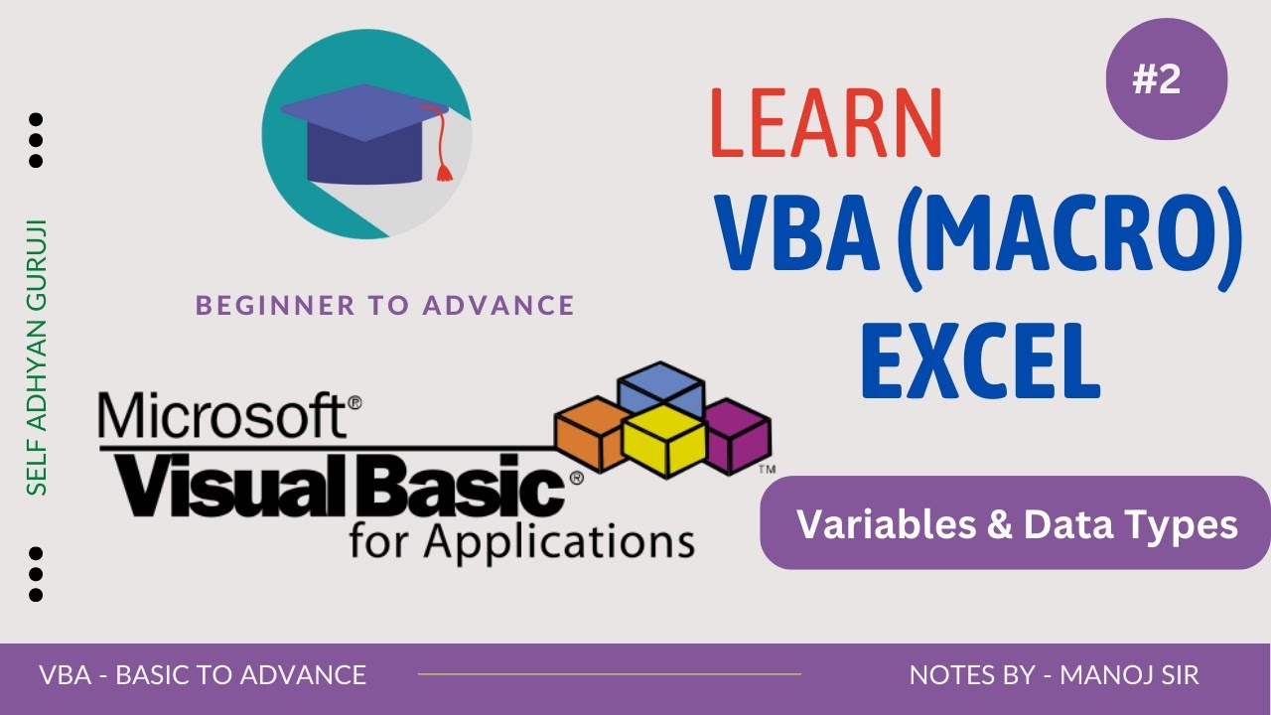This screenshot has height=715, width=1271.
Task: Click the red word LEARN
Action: pyautogui.click(x=826, y=122)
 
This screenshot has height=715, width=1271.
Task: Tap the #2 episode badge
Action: pyautogui.click(x=1166, y=79)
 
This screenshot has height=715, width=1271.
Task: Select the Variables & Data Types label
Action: pyautogui.click(x=1016, y=523)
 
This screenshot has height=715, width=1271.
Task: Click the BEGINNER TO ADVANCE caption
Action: pyautogui.click(x=385, y=305)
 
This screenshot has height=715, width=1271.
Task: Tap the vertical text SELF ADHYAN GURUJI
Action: pyautogui.click(x=37, y=357)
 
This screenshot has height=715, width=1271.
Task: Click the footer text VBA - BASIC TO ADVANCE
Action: pyautogui.click(x=203, y=676)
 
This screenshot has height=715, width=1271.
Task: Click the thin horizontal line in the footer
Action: pyautogui.click(x=609, y=674)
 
